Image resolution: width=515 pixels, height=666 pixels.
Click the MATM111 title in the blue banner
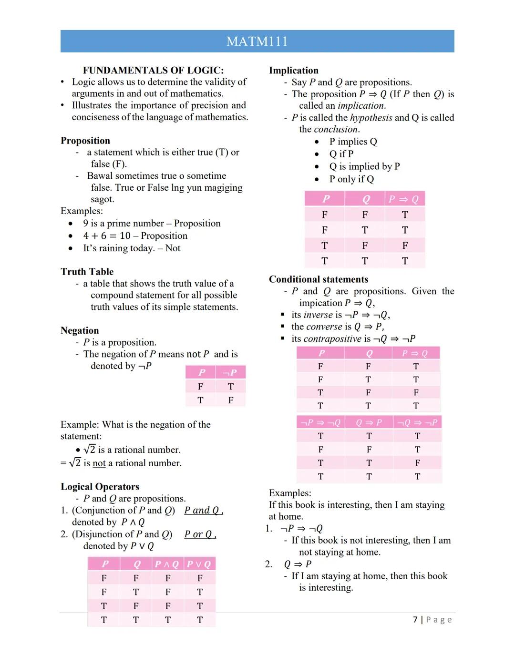pyautogui.click(x=257, y=41)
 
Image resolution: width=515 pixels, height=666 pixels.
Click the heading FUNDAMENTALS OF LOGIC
pyautogui.click(x=153, y=70)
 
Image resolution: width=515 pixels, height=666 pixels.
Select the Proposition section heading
pyautogui.click(x=85, y=141)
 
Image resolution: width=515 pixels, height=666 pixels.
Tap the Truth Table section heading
pyautogui.click(x=87, y=272)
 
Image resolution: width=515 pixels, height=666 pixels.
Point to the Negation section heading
pyautogui.click(x=80, y=330)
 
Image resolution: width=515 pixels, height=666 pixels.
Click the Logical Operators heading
pyautogui.click(x=100, y=487)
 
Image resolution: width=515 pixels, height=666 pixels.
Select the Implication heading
pyautogui.click(x=293, y=71)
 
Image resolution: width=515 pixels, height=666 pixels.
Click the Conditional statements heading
pyautogui.click(x=318, y=279)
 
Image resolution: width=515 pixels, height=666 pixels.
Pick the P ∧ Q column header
pyautogui.click(x=167, y=564)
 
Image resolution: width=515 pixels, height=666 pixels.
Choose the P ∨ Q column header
pyautogui.click(x=199, y=564)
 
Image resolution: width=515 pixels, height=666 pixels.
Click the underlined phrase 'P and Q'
pyautogui.click(x=202, y=511)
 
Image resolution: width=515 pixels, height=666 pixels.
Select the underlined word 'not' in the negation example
pyautogui.click(x=99, y=463)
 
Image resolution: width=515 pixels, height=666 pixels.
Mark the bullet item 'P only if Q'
pyautogui.click(x=351, y=179)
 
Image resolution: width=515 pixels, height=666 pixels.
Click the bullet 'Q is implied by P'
pyautogui.click(x=364, y=166)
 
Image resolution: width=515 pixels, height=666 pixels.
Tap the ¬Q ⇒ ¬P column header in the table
pyautogui.click(x=417, y=422)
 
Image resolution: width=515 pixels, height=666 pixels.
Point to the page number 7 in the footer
pyautogui.click(x=415, y=620)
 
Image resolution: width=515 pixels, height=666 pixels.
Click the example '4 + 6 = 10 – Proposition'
pyautogui.click(x=135, y=236)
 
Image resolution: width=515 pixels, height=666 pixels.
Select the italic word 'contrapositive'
pyautogui.click(x=332, y=339)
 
